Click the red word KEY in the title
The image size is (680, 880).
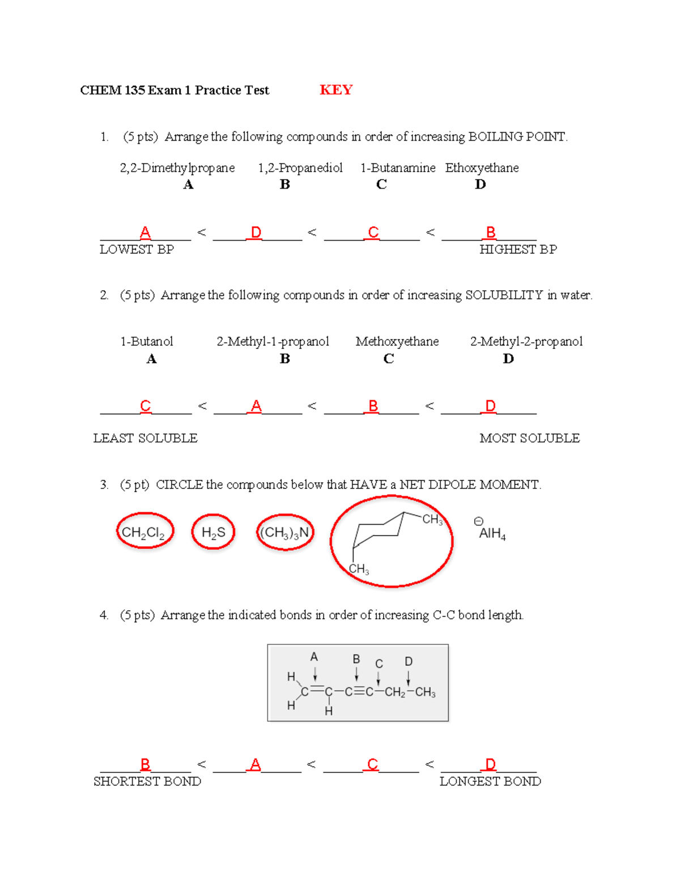336,90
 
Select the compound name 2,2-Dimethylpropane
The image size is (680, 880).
177,168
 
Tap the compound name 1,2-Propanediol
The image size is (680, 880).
300,168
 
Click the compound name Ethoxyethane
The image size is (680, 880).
482,168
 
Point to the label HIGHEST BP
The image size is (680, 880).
518,249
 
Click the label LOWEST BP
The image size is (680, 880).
137,249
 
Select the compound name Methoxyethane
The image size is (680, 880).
397,341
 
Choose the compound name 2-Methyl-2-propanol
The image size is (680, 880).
526,341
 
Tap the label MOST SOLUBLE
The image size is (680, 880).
529,438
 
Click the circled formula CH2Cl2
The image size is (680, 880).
143,533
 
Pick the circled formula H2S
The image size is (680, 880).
213,533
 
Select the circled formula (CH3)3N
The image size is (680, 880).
284,533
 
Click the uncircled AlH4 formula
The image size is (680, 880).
492,534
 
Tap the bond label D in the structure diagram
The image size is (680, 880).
409,661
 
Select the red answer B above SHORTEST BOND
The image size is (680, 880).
145,764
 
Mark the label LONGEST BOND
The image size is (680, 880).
490,781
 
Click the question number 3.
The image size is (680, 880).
104,484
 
